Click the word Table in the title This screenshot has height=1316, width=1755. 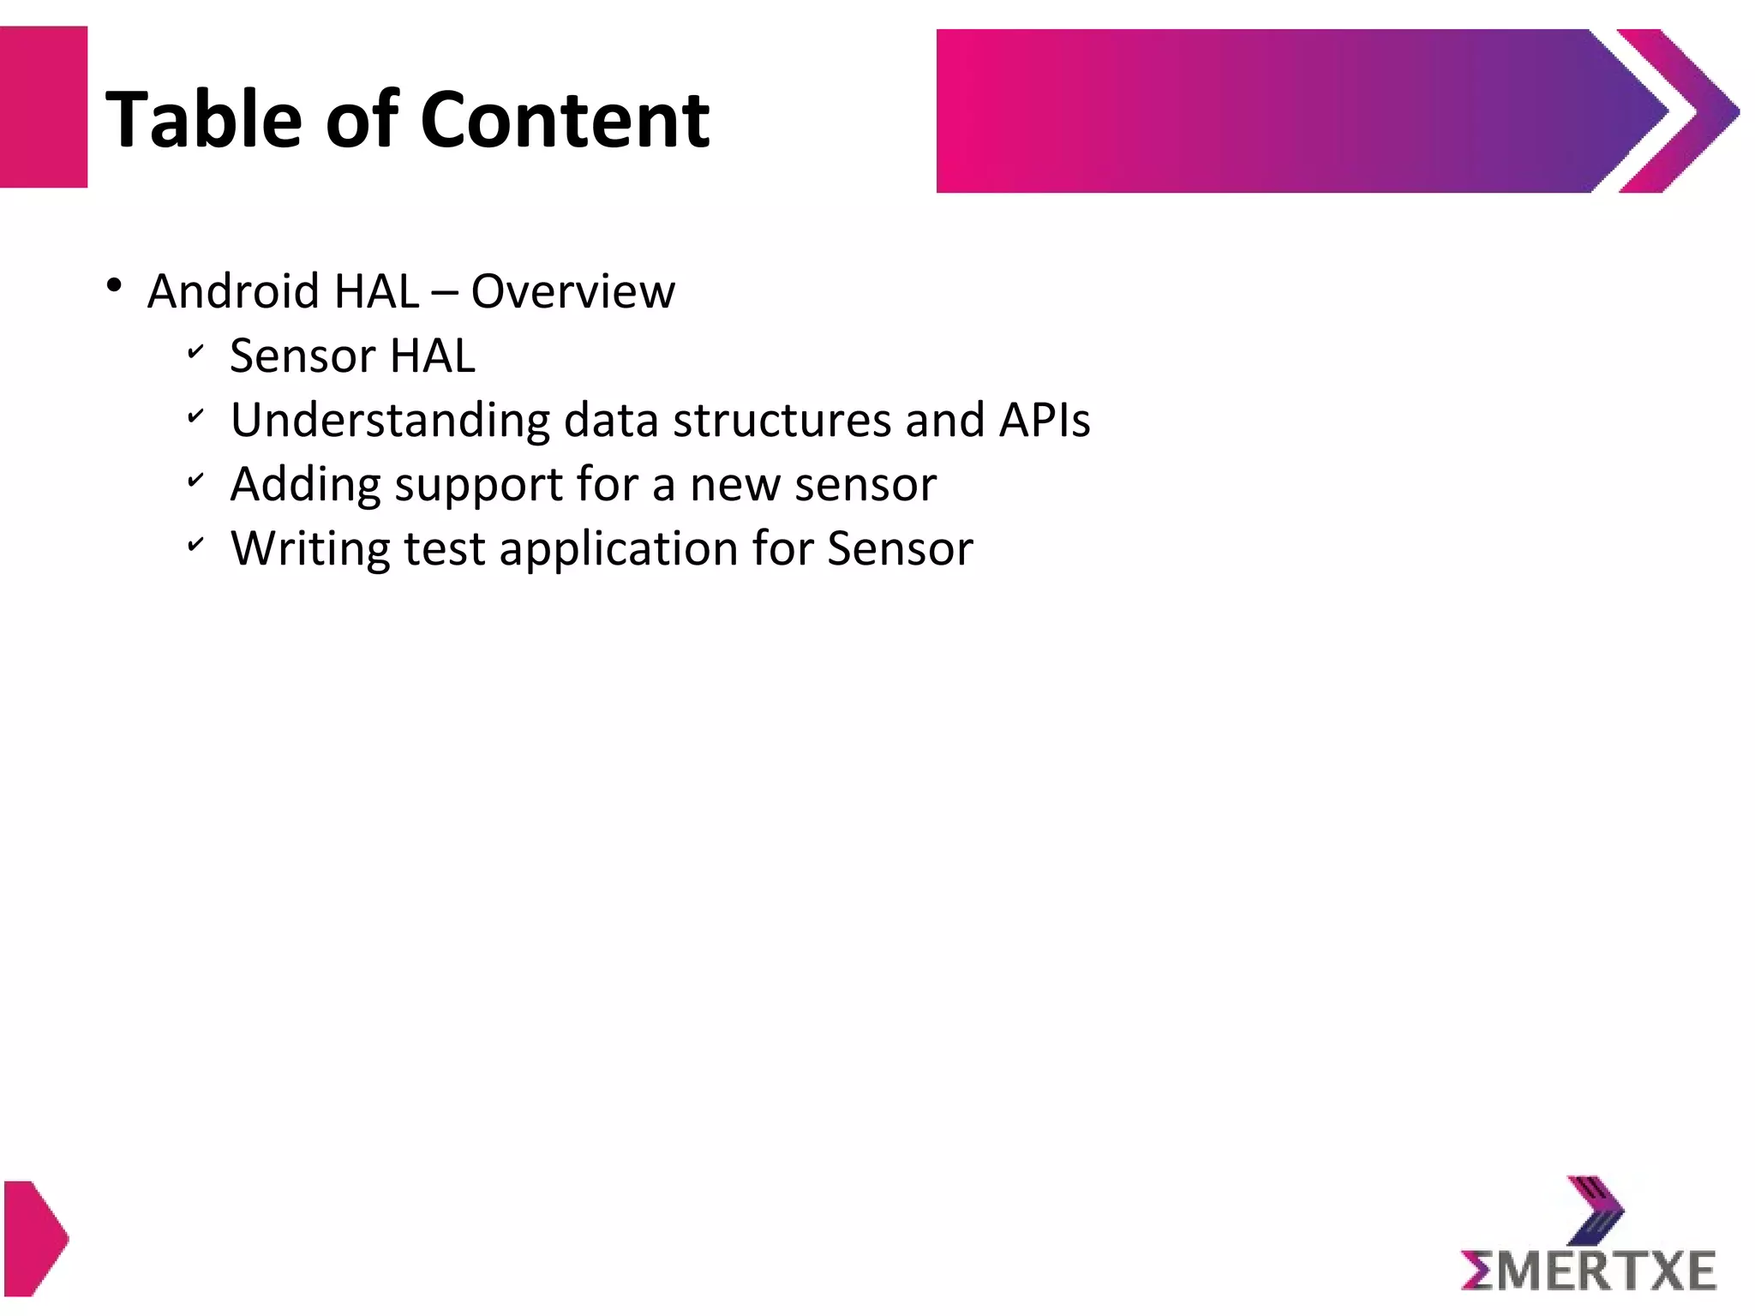(x=203, y=120)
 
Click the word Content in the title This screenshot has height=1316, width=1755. (x=565, y=120)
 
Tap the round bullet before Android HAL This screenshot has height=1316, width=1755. (x=115, y=285)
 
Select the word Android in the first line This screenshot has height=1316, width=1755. (x=234, y=291)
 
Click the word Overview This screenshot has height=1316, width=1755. (x=572, y=291)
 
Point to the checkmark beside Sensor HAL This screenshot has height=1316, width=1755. (x=195, y=351)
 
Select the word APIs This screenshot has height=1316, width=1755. (x=1044, y=420)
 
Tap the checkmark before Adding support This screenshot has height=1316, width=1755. (x=195, y=480)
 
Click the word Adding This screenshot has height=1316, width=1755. (x=305, y=485)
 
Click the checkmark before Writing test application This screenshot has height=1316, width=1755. (x=195, y=544)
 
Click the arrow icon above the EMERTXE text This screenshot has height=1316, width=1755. (x=1596, y=1209)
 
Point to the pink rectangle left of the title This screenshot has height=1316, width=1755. (x=43, y=107)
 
